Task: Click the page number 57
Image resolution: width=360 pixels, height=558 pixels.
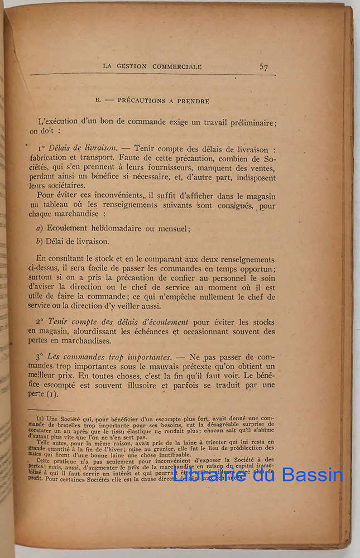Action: [264, 67]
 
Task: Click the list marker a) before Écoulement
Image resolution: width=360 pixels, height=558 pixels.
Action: [39, 228]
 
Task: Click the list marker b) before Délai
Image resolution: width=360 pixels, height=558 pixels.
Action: [39, 242]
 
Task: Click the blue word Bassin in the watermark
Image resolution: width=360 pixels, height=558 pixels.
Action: [311, 475]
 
